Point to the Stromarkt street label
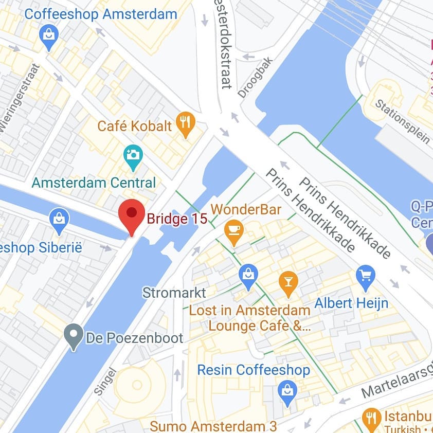pyautogui.click(x=174, y=293)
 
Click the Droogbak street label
pyautogui.click(x=256, y=77)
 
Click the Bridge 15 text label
pyautogui.click(x=177, y=219)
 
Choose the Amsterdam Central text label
pyautogui.click(x=94, y=183)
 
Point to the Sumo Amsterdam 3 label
pyautogui.click(x=213, y=426)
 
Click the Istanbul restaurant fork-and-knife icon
pyautogui.click(x=371, y=419)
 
